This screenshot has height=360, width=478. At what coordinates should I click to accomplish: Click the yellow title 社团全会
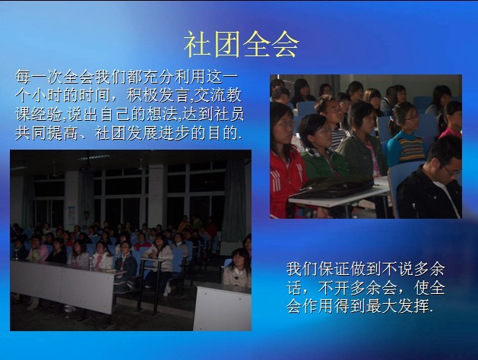(241, 45)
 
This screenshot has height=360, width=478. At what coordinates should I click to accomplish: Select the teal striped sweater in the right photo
(407, 149)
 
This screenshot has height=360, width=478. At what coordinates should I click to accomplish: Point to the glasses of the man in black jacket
(452, 171)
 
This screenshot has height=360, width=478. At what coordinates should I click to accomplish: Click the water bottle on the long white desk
(90, 264)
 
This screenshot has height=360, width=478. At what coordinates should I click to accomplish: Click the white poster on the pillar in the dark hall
(71, 216)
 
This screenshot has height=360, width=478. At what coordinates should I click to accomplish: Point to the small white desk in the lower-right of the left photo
(222, 308)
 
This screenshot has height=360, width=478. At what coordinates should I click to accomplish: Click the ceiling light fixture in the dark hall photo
(94, 157)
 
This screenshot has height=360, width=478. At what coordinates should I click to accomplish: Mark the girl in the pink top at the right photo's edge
(451, 122)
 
